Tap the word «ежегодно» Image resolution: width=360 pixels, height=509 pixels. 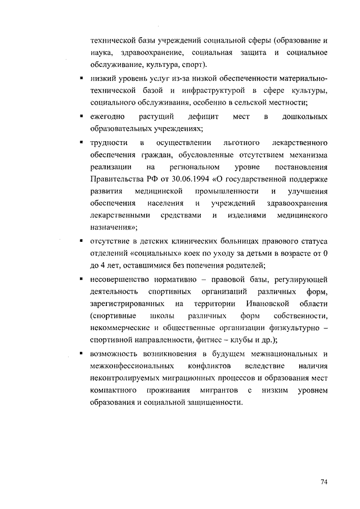(x=107, y=116)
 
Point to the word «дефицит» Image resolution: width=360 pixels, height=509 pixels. (x=191, y=116)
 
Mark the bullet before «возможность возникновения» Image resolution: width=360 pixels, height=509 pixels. (x=82, y=353)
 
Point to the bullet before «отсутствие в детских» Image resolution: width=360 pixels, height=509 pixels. (x=82, y=241)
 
